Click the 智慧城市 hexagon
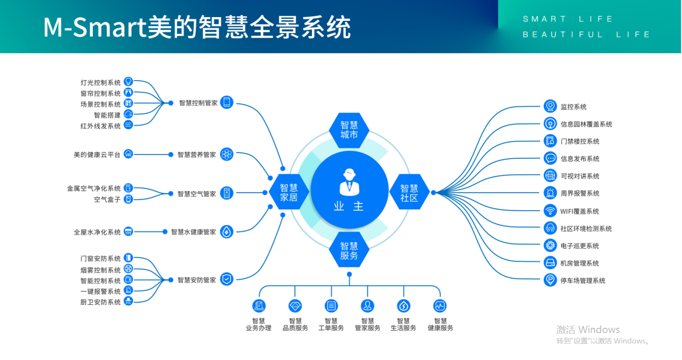click(x=349, y=130)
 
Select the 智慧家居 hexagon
click(x=288, y=192)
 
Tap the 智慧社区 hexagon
click(x=409, y=192)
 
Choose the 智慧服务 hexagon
click(x=349, y=250)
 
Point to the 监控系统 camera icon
click(x=550, y=106)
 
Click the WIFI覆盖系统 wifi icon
click(x=550, y=211)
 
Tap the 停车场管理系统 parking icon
click(x=550, y=280)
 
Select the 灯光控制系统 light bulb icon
click(x=128, y=81)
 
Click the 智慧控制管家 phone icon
click(x=226, y=102)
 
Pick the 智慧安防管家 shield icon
click(x=226, y=279)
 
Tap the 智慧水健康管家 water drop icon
click(x=226, y=232)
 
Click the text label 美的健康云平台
click(x=97, y=155)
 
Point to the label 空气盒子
click(x=107, y=199)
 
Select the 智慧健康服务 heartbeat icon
click(x=440, y=306)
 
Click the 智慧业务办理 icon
click(x=259, y=306)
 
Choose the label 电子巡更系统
click(x=580, y=246)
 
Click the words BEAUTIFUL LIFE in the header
click(x=586, y=35)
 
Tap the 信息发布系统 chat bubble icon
click(x=550, y=158)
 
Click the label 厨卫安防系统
click(x=100, y=302)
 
